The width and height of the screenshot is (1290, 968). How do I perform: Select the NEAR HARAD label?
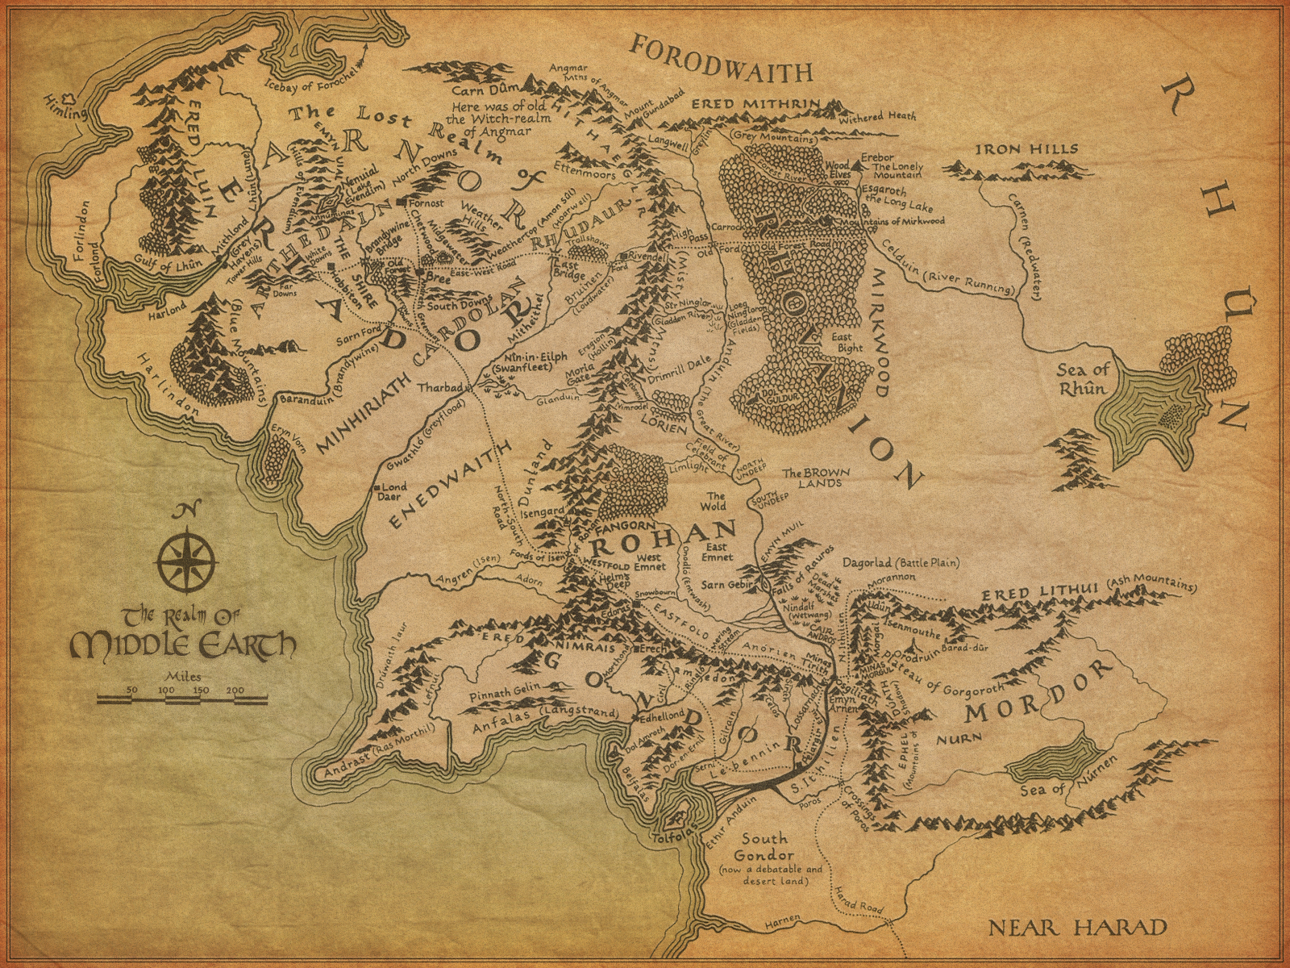1077,928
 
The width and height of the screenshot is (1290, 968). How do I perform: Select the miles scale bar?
182,695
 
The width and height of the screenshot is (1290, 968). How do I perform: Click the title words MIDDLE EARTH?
182,645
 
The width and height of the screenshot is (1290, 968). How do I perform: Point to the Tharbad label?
439,388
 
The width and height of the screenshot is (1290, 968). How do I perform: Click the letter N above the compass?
186,510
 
